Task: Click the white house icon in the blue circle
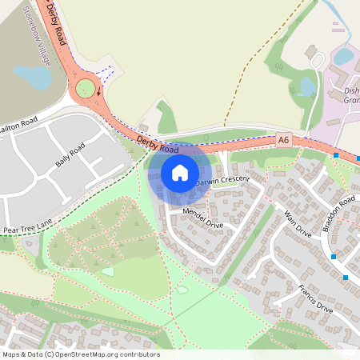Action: pyautogui.click(x=179, y=172)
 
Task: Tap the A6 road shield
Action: pyautogui.click(x=283, y=139)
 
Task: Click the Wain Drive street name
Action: pyautogui.click(x=297, y=224)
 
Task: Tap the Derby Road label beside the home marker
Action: pyautogui.click(x=158, y=144)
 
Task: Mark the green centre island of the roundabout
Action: pyautogui.click(x=86, y=87)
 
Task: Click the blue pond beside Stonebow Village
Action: pyautogui.click(x=32, y=77)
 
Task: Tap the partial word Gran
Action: pyautogui.click(x=349, y=102)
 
